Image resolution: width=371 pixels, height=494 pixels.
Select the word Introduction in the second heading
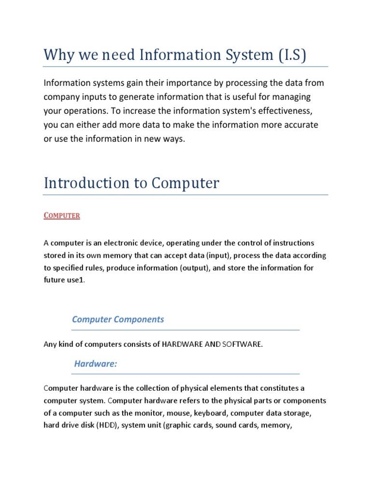click(x=85, y=183)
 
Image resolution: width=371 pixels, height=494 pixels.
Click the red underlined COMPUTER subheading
click(x=62, y=216)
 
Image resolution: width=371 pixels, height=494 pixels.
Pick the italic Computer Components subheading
click(x=118, y=319)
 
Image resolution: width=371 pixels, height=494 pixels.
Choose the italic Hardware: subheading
click(x=96, y=364)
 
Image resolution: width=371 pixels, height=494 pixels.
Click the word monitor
click(x=151, y=413)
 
